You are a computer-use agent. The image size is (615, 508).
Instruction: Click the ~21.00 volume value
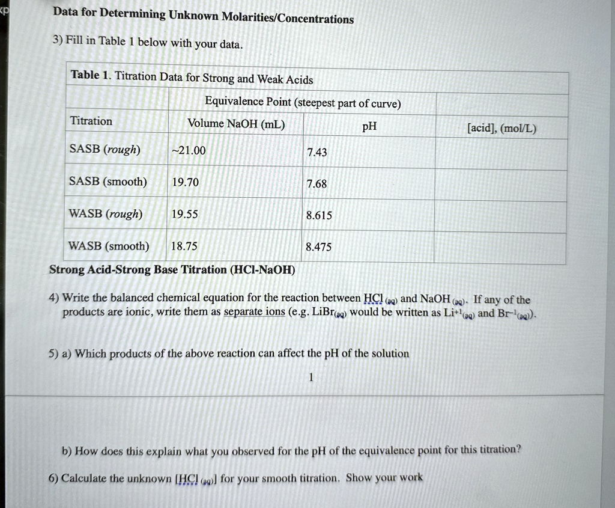[x=189, y=151]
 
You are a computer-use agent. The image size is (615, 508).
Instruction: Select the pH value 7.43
[x=317, y=153]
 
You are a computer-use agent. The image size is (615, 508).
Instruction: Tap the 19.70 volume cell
[x=186, y=182]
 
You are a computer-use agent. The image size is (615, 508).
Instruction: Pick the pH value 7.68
[x=317, y=184]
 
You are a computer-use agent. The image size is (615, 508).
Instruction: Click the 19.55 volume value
[x=184, y=213]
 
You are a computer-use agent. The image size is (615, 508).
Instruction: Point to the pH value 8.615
[x=318, y=215]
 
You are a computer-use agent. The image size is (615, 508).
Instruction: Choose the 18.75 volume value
[x=184, y=245]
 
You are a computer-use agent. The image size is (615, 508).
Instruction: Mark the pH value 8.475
[x=318, y=246]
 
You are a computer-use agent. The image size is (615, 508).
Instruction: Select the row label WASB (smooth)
[x=109, y=245]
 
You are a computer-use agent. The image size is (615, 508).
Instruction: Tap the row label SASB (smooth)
[x=108, y=182]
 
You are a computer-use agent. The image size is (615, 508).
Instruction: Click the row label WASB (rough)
[x=106, y=213]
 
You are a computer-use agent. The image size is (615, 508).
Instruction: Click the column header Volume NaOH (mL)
[x=236, y=124]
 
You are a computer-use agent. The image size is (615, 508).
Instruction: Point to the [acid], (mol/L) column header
[x=501, y=128]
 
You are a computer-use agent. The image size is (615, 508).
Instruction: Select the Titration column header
[x=91, y=121]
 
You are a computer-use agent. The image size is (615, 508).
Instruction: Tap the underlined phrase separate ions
[x=254, y=313]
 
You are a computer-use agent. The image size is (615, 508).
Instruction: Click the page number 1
[x=311, y=378]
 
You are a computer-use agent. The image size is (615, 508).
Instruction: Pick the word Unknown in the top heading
[x=193, y=16]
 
